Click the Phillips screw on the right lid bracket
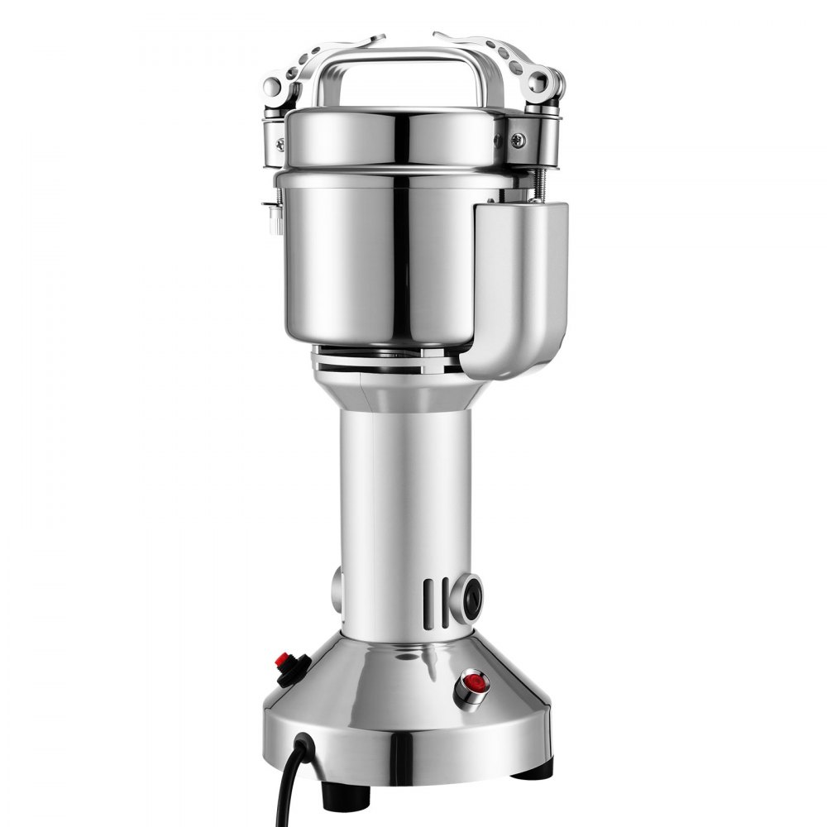click(519, 141)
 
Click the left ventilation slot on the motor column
click(428, 602)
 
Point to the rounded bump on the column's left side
click(337, 589)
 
